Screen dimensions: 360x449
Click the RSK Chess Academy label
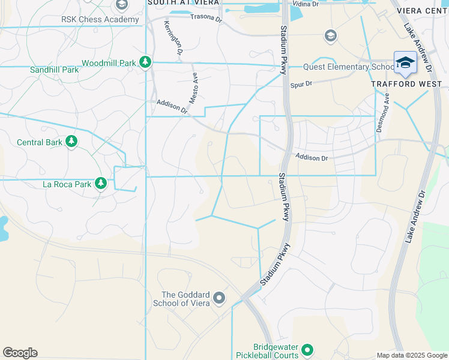click(x=100, y=19)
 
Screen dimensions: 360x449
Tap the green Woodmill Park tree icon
click(x=145, y=62)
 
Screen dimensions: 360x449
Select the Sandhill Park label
click(x=55, y=70)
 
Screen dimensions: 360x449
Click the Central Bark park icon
click(x=71, y=142)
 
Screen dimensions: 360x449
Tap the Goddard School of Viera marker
click(x=219, y=298)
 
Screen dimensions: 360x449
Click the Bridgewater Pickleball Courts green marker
click(x=307, y=349)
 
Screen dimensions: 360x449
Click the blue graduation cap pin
click(x=405, y=63)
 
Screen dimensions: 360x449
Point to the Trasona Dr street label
click(x=206, y=16)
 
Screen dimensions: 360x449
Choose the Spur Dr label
click(x=301, y=84)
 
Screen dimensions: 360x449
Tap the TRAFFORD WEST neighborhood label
click(x=402, y=84)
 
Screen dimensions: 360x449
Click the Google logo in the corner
click(x=20, y=353)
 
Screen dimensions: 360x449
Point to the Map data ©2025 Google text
click(x=412, y=355)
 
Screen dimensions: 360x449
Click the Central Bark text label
click(x=39, y=142)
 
